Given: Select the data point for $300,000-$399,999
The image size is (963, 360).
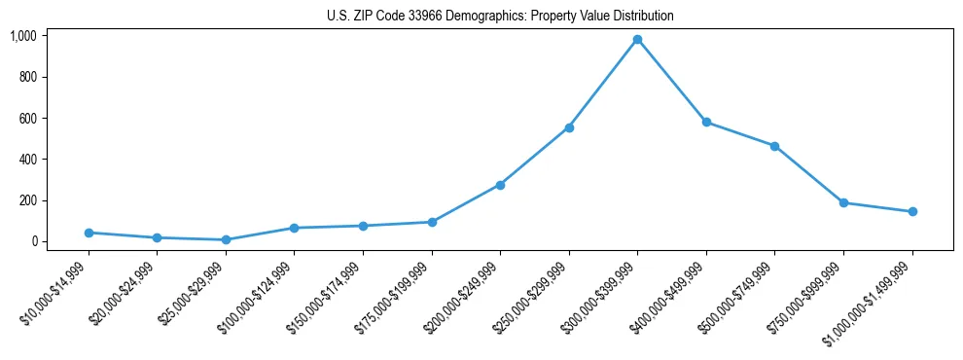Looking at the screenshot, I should coord(637,40).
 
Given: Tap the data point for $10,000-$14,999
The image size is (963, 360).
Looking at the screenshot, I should coord(89,233).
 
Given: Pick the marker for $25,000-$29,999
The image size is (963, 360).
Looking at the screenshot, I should coord(226,239).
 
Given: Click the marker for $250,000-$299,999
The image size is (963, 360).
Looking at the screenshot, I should coord(569,127).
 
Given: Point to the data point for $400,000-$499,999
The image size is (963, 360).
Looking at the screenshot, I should coord(706,122).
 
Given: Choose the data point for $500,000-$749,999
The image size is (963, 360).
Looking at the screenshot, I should coord(774,146).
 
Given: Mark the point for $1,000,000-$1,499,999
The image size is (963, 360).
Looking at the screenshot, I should coord(912,211).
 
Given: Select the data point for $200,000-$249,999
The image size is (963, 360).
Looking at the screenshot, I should coord(500,185).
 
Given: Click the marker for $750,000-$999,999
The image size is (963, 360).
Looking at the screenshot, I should coord(843,202).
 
